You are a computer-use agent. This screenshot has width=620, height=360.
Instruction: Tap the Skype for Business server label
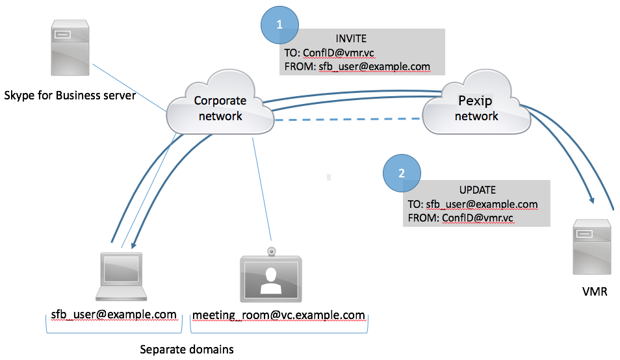pyautogui.click(x=70, y=96)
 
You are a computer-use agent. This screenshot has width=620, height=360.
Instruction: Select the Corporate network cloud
pyautogui.click(x=220, y=109)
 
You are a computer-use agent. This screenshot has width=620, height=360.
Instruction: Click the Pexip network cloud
pyautogui.click(x=476, y=109)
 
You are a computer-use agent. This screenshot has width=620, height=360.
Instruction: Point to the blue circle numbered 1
pyautogui.click(x=279, y=25)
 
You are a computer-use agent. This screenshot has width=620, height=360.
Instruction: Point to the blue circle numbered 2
pyautogui.click(x=402, y=174)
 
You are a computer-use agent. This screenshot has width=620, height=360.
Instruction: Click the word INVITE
pyautogui.click(x=351, y=39)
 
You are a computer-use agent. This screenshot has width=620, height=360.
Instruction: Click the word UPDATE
pyautogui.click(x=477, y=190)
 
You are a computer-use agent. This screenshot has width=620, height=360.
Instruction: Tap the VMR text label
pyautogui.click(x=595, y=292)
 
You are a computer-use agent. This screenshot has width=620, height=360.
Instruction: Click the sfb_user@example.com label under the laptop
pyautogui.click(x=114, y=315)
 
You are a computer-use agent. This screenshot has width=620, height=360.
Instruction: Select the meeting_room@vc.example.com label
pyautogui.click(x=278, y=316)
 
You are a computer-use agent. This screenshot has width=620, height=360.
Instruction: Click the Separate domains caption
pyautogui.click(x=187, y=349)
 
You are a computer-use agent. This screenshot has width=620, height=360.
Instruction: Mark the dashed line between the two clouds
pyautogui.click(x=348, y=120)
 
